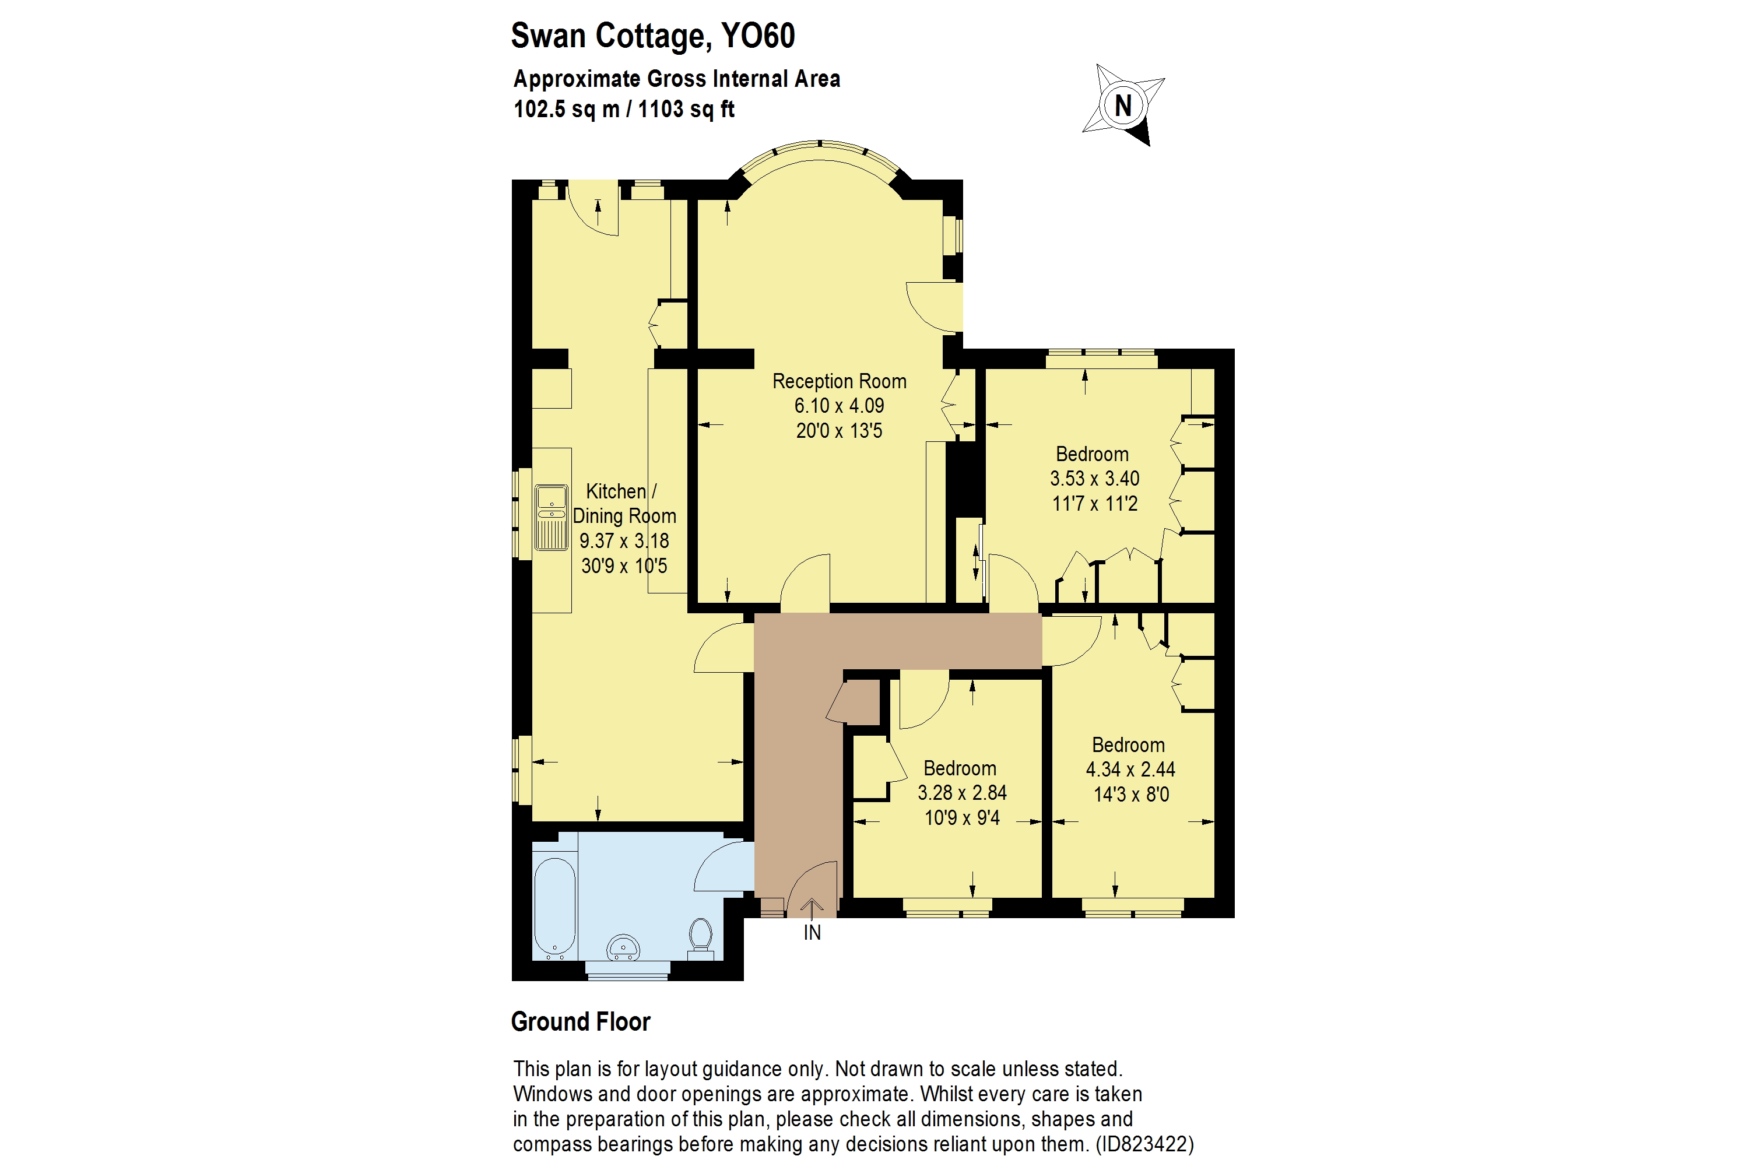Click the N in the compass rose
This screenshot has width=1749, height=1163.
click(x=1122, y=106)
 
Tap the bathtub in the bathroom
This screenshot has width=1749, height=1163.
click(x=554, y=906)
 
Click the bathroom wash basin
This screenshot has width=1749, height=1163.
click(x=623, y=947)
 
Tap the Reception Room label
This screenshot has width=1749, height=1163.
click(x=839, y=381)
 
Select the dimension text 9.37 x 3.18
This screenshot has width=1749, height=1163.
click(x=624, y=541)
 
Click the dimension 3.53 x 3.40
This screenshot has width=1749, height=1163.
click(x=1094, y=479)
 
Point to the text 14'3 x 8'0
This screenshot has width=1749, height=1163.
click(x=1130, y=795)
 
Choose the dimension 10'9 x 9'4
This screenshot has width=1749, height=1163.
click(x=962, y=817)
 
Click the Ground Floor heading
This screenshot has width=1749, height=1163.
click(x=580, y=1021)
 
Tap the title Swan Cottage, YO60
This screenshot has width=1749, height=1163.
click(x=653, y=36)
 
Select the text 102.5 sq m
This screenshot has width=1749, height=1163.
click(x=566, y=109)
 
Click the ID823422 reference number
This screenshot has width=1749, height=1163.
click(x=1144, y=1144)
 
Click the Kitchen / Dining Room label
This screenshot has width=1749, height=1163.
click(x=624, y=504)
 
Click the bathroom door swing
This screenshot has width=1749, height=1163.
click(x=722, y=866)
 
